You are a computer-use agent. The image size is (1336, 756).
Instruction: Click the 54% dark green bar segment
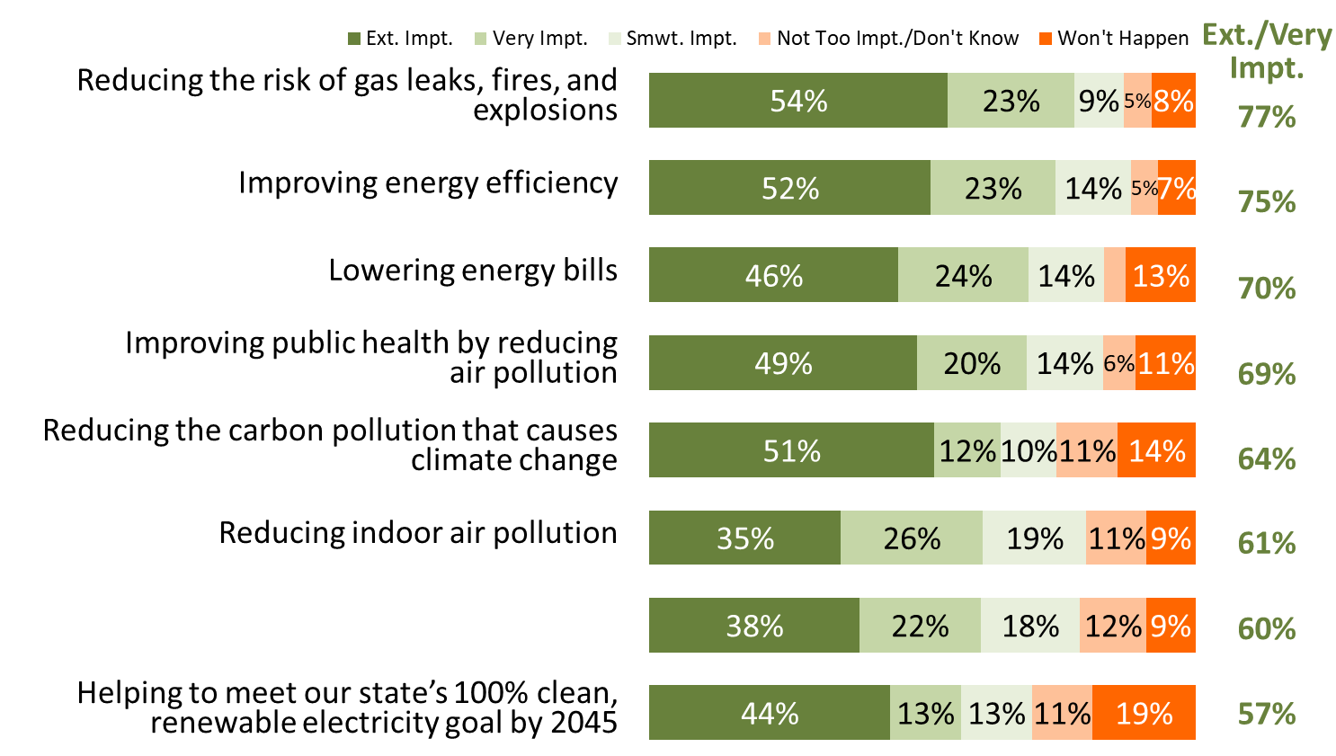[x=798, y=100]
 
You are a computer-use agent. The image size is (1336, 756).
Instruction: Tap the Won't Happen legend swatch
[x=1045, y=39]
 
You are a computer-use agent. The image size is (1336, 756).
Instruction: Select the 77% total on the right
[x=1267, y=116]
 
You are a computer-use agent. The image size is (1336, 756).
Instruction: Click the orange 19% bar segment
[x=1144, y=713]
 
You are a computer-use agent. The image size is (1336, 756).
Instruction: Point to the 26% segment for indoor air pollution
[x=912, y=538]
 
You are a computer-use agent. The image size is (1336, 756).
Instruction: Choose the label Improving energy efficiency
[x=428, y=182]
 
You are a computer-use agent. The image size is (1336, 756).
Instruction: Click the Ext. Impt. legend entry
[x=400, y=39]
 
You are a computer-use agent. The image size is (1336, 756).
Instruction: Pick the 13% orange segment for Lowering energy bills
[x=1161, y=275]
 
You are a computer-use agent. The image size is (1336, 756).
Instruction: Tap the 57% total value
[x=1267, y=714]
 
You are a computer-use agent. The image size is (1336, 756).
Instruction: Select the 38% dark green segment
[x=754, y=626]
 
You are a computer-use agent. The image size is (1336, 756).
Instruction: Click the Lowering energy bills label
[x=473, y=270]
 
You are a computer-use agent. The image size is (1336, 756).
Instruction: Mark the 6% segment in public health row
[x=1119, y=362]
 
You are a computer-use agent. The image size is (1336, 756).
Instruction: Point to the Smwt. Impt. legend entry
[x=672, y=39]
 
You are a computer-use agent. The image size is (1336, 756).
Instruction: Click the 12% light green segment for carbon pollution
[x=967, y=450]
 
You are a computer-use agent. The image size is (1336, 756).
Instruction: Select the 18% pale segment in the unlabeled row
[x=1030, y=626]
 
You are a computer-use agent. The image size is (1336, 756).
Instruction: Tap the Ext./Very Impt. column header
[x=1267, y=51]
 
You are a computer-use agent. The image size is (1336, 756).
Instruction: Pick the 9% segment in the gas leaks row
[x=1099, y=100]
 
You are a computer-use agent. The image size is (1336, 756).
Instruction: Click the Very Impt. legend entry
[x=530, y=39]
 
